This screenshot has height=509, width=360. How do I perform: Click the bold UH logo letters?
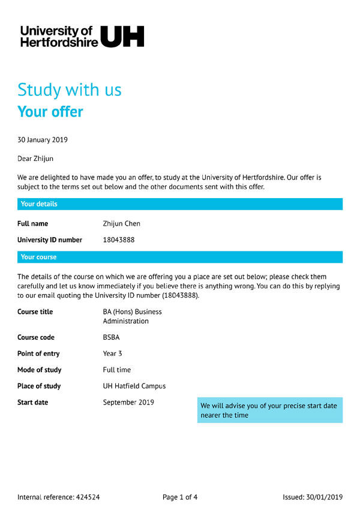122,36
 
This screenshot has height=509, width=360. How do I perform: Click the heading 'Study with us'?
70,90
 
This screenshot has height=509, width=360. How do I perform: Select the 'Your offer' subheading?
50,112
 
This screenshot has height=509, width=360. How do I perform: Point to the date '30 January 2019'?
43,140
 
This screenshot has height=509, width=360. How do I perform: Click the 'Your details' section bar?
180,204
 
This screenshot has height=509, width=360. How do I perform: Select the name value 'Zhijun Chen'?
122,224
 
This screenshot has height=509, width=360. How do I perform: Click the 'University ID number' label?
50,240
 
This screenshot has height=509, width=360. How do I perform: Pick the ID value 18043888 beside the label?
119,240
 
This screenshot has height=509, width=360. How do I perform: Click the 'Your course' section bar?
180,257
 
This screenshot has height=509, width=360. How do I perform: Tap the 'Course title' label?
35,312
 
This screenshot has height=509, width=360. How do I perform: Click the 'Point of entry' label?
38,354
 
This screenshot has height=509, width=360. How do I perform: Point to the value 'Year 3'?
112,354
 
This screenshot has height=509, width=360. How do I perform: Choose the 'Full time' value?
116,370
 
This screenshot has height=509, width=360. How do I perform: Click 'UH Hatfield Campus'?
134,386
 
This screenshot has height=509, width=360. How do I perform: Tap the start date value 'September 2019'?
128,402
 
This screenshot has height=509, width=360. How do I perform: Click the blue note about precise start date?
269,410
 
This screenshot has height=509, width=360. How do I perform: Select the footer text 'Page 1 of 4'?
180,497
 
